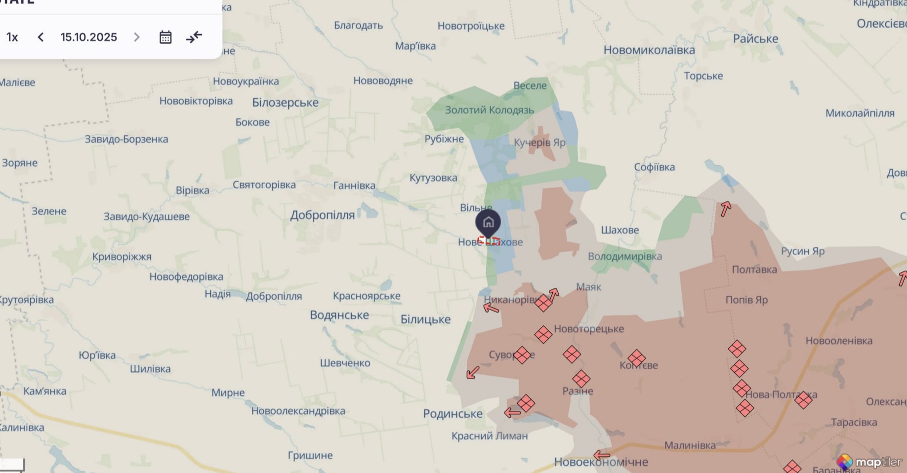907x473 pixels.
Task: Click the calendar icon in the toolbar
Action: click(x=165, y=38)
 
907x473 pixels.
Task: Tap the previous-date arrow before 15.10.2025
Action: click(x=41, y=38)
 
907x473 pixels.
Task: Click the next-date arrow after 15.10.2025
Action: click(x=137, y=38)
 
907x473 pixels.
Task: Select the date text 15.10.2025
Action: click(x=89, y=38)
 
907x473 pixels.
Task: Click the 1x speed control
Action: click(x=12, y=38)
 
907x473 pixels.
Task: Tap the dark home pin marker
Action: click(x=488, y=223)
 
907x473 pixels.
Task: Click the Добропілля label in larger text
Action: click(x=322, y=215)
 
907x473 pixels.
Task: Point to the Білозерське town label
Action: click(x=285, y=103)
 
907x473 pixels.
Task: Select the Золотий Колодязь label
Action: click(x=490, y=110)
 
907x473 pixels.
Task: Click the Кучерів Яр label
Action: click(x=539, y=143)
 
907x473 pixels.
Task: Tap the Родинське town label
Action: click(x=453, y=414)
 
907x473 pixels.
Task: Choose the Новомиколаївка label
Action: click(x=649, y=50)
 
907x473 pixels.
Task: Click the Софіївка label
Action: click(x=654, y=167)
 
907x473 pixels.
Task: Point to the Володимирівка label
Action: click(x=624, y=256)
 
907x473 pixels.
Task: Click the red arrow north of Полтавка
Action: click(x=725, y=209)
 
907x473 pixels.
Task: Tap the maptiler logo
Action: click(x=869, y=462)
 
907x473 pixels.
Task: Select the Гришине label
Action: click(x=310, y=455)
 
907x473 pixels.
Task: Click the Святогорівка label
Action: click(x=264, y=185)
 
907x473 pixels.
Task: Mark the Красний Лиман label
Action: click(x=490, y=436)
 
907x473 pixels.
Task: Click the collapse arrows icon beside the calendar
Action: click(x=194, y=37)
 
